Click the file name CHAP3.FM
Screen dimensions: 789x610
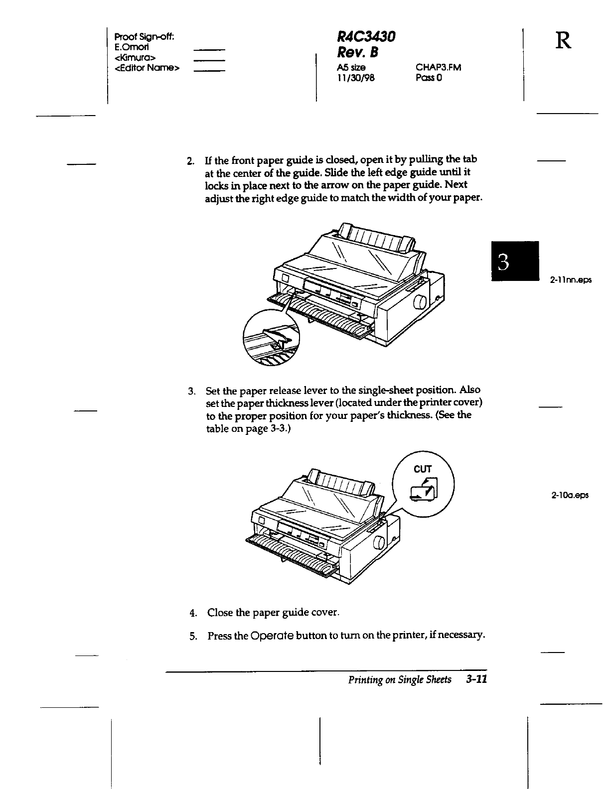point(438,68)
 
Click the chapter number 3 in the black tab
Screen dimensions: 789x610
point(504,261)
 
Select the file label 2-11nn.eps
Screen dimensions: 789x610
point(571,280)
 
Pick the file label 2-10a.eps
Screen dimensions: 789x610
point(570,495)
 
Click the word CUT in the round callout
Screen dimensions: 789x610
point(423,469)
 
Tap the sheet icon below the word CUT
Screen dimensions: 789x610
point(424,490)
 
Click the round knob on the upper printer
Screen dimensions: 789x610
point(420,302)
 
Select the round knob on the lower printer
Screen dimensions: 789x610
point(378,542)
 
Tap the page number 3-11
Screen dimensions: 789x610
point(476,679)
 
